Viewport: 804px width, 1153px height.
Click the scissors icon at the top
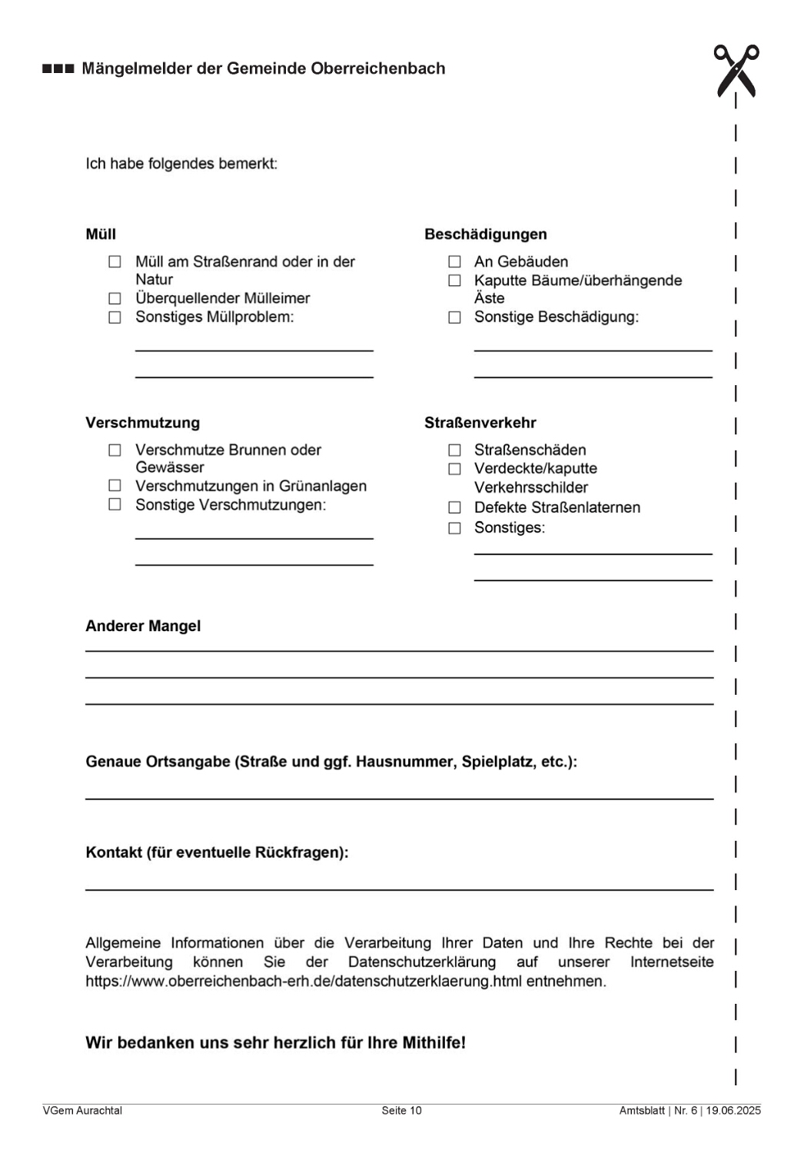click(x=736, y=69)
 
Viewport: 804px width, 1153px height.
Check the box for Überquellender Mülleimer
click(x=115, y=298)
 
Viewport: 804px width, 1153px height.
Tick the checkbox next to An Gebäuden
click(x=454, y=262)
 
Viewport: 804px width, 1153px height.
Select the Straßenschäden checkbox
click(x=454, y=450)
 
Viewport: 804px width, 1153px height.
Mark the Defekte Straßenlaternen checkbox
click(x=454, y=508)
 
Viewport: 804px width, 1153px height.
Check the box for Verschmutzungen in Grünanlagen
click(x=115, y=486)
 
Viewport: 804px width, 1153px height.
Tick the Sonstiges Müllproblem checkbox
click(x=115, y=317)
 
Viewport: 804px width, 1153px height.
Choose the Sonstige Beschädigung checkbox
click(x=454, y=317)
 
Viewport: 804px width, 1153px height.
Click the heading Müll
click(x=101, y=234)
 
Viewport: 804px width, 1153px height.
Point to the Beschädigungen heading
click(x=485, y=234)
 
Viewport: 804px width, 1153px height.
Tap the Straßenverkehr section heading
click(x=480, y=423)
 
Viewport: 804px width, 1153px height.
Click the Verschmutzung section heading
click(x=142, y=423)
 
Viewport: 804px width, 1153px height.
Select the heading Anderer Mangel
click(x=143, y=626)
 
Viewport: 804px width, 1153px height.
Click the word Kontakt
click(x=114, y=852)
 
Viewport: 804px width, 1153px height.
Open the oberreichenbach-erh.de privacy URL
click(x=304, y=982)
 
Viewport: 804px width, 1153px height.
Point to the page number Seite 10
click(x=401, y=1111)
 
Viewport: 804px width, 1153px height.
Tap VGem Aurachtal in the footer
click(x=82, y=1111)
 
